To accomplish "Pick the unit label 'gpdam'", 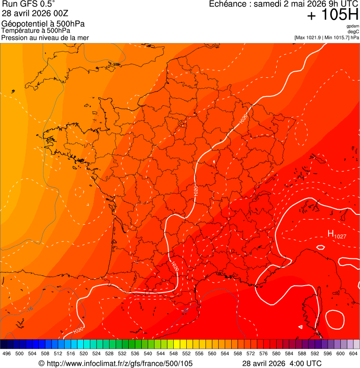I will click(353, 26).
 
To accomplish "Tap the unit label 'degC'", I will click(353, 32).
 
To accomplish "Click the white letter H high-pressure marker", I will click(330, 234).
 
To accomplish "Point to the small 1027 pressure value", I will click(340, 236).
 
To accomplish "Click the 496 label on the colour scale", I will click(7, 353).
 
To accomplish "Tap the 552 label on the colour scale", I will click(186, 353).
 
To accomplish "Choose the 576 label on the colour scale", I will click(264, 353).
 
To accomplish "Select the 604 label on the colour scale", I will click(353, 353).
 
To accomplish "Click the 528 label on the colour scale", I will click(109, 353).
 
